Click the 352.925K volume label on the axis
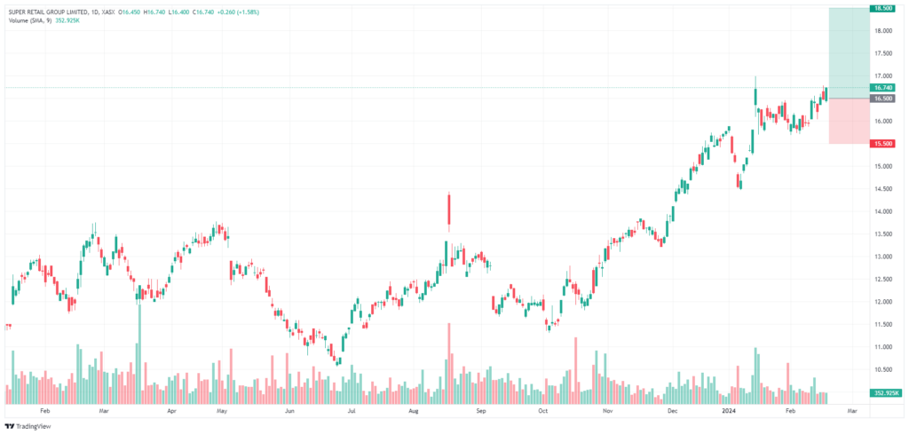[886, 392]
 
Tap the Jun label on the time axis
[290, 411]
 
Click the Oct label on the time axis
[542, 411]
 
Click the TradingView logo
[28, 425]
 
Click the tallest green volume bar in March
[139, 354]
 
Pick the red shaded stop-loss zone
[849, 122]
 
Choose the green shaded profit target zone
[849, 53]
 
